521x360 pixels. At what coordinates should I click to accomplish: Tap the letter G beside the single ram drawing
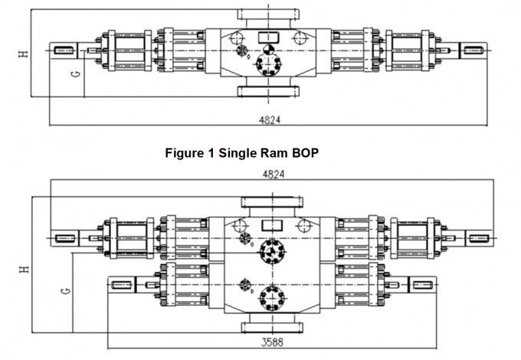74,74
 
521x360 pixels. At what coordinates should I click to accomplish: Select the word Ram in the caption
272,152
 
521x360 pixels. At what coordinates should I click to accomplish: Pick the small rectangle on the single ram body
267,37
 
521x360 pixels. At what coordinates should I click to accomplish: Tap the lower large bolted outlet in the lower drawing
270,296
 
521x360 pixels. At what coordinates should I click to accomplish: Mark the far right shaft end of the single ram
473,51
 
